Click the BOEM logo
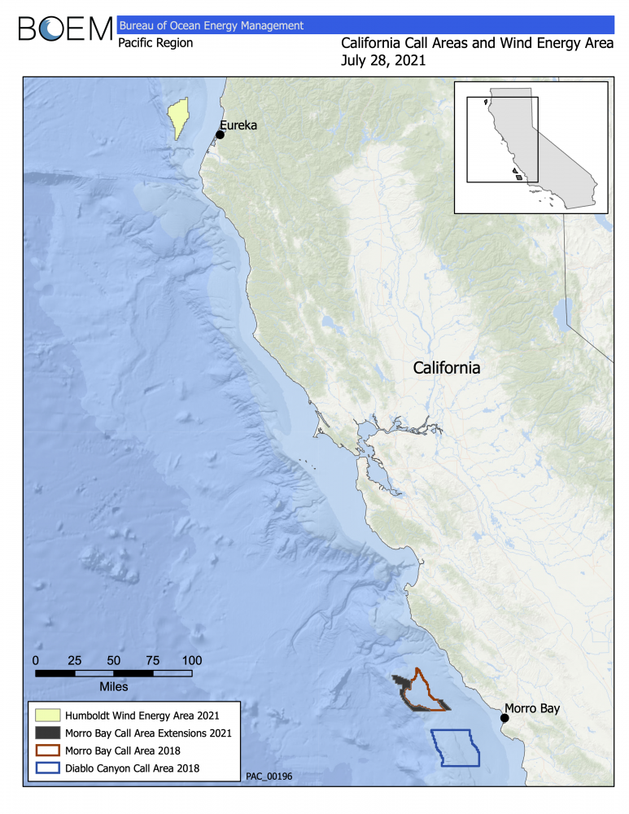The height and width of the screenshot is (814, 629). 65,29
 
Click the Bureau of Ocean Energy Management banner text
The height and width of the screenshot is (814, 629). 211,26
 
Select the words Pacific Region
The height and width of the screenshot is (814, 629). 155,43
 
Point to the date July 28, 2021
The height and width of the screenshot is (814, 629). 384,60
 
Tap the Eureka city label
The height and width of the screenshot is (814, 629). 238,125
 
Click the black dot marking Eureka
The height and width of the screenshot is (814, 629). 220,134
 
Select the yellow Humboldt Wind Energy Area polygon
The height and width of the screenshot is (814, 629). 177,120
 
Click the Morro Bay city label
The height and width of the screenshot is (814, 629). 532,708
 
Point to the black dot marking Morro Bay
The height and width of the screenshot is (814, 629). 505,718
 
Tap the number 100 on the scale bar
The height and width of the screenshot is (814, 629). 191,660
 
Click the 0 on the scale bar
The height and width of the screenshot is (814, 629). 36,660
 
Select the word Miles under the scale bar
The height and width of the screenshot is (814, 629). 113,686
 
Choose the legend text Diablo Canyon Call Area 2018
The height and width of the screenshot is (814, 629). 134,767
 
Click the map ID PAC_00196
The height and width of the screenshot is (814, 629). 269,777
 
